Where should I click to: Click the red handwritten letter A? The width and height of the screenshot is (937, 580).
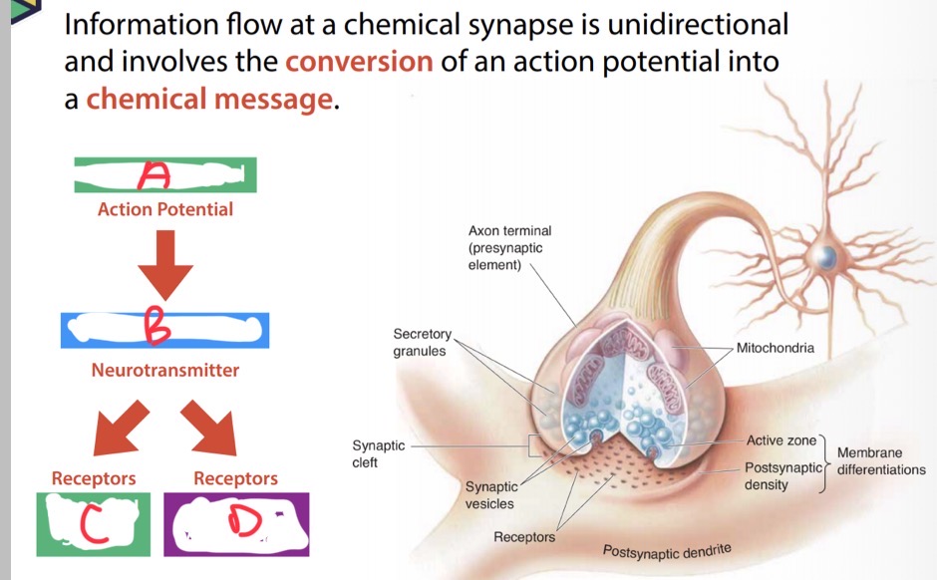coord(155,174)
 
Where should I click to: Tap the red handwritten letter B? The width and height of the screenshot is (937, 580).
coord(157,325)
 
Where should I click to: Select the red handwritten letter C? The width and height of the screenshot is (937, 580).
coord(94,523)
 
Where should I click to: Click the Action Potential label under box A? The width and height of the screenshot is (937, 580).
coord(165,209)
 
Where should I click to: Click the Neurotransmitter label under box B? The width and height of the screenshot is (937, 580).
coord(164,371)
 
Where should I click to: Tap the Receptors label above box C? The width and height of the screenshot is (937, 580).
coord(94,478)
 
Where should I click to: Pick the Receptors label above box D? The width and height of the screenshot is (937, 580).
coord(235,478)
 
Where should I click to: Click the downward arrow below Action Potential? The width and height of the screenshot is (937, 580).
coord(164,265)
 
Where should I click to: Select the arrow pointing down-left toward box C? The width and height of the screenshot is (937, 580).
coord(121,429)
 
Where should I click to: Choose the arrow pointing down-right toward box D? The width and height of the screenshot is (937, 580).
coord(209,429)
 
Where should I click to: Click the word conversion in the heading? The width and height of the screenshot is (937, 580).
coord(359,62)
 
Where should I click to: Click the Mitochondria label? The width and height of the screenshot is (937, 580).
coord(776,348)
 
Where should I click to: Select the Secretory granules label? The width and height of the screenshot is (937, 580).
coord(422,342)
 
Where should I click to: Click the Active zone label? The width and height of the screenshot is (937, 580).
coord(781,440)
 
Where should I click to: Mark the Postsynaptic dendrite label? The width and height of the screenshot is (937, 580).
coord(667,551)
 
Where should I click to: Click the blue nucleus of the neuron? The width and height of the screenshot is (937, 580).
coord(826,257)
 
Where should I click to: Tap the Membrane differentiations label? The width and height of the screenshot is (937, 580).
coord(881,461)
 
